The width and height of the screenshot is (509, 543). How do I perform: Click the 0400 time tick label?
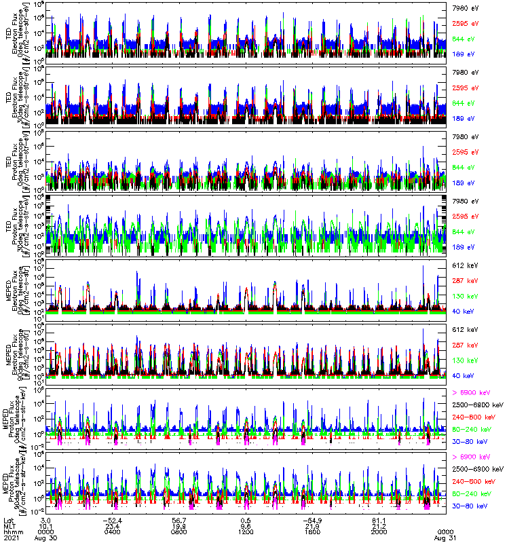click(113, 531)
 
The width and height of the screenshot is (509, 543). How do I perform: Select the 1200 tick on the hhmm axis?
click(246, 531)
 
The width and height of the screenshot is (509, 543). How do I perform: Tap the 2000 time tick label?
click(379, 531)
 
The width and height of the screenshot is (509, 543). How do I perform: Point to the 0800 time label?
click(179, 531)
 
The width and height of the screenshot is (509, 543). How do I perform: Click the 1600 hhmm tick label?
click(312, 531)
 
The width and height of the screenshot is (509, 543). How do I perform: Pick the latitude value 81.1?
click(379, 519)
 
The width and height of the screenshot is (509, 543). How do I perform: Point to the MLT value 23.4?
click(113, 525)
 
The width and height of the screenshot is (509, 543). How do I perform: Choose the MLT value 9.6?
click(246, 525)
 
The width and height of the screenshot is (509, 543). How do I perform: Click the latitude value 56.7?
click(179, 519)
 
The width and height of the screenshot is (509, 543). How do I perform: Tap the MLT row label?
click(9, 525)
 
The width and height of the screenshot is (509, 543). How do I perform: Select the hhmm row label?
click(11, 531)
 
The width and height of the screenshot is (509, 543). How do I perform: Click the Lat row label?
click(8, 519)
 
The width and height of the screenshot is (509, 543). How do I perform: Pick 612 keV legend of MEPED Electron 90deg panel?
click(465, 329)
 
